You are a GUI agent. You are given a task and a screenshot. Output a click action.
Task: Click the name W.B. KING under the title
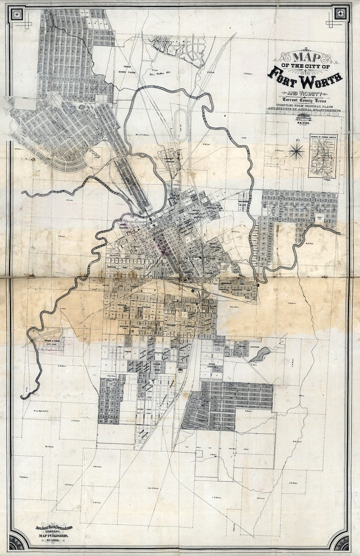(x=305, y=121)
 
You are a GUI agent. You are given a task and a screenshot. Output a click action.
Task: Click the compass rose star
(x=297, y=151)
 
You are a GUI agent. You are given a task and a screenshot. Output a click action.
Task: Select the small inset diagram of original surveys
(x=322, y=156)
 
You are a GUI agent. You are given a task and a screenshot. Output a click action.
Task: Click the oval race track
(x=180, y=119)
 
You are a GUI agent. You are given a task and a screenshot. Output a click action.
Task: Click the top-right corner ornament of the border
(x=341, y=14)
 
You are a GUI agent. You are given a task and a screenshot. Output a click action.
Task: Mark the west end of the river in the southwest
(x=23, y=397)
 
